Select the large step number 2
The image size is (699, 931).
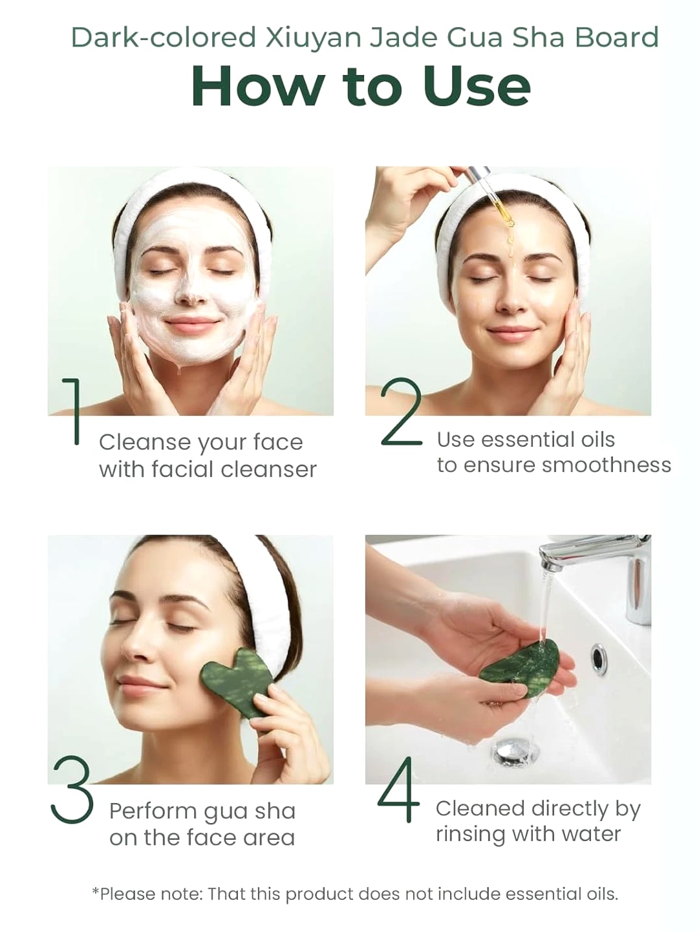[402, 411]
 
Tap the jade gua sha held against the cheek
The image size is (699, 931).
[236, 683]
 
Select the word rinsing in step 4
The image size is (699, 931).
[470, 835]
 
